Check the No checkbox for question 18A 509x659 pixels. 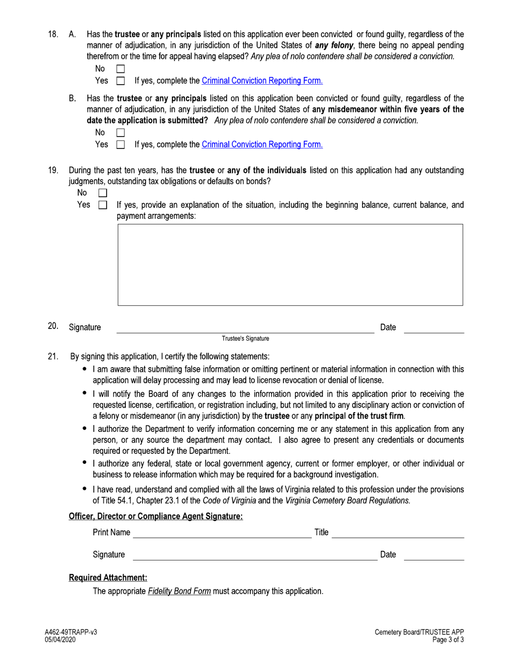click(x=121, y=69)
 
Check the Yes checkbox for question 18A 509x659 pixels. click(x=121, y=81)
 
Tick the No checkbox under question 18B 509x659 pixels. click(x=121, y=132)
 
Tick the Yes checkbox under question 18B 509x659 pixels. click(x=121, y=145)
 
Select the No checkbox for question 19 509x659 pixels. click(x=103, y=192)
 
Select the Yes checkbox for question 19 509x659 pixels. click(x=103, y=205)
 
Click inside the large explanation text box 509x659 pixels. click(x=290, y=265)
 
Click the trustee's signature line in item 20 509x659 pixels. click(x=245, y=328)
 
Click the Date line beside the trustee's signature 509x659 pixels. click(x=433, y=328)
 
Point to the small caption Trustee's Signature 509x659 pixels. click(x=246, y=339)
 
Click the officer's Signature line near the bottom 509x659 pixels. click(x=254, y=555)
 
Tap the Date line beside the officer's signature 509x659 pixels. click(x=433, y=555)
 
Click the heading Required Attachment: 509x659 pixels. click(x=108, y=578)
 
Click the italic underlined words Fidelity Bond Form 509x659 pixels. click(x=179, y=592)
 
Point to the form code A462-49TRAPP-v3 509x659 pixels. click(x=71, y=633)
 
